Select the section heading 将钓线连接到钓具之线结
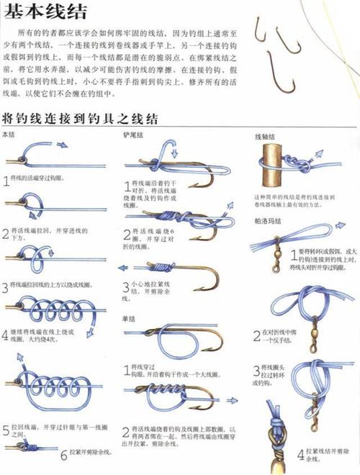(80, 118)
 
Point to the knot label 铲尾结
(133, 135)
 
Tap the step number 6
(63, 454)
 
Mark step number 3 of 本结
(6, 287)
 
